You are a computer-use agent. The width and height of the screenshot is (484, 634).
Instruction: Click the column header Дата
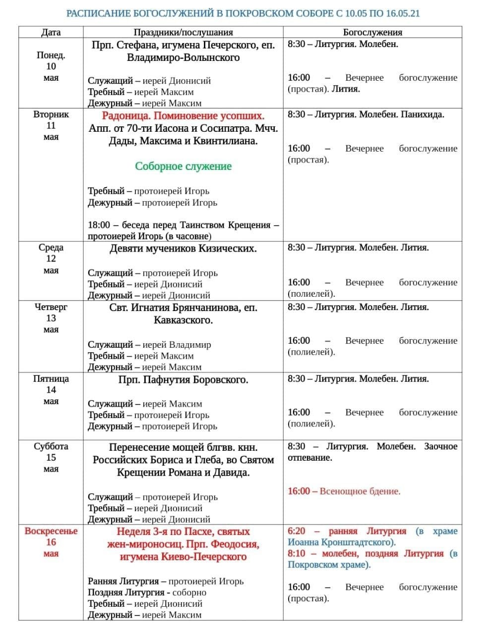pyautogui.click(x=51, y=33)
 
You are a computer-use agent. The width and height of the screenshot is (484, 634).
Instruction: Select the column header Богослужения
pyautogui.click(x=372, y=33)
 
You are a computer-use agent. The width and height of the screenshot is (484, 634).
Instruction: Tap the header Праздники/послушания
pyautogui.click(x=183, y=33)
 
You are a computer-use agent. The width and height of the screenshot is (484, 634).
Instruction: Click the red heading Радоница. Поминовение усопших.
pyautogui.click(x=183, y=116)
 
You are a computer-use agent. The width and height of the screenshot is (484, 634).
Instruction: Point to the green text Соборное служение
pyautogui.click(x=183, y=166)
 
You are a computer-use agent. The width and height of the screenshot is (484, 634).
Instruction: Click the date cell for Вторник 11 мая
pyautogui.click(x=51, y=125)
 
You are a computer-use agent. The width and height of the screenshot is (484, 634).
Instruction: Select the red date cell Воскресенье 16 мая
pyautogui.click(x=51, y=542)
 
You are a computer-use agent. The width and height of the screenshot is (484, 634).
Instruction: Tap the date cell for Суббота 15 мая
pyautogui.click(x=51, y=457)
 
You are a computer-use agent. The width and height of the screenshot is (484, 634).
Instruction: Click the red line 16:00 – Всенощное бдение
pyautogui.click(x=344, y=491)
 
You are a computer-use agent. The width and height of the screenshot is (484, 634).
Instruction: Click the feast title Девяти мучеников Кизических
pyautogui.click(x=183, y=249)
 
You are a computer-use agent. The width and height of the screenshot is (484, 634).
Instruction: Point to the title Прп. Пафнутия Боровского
pyautogui.click(x=183, y=380)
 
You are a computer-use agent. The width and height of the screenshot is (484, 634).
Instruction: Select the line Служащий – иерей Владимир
pyautogui.click(x=149, y=345)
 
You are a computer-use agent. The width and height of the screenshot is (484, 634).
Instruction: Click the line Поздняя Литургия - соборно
pyautogui.click(x=147, y=592)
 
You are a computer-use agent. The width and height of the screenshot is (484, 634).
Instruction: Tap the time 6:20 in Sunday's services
pyautogui.click(x=297, y=531)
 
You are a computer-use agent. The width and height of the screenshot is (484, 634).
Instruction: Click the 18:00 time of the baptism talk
pyautogui.click(x=99, y=225)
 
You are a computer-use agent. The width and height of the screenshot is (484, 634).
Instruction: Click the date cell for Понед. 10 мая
pyautogui.click(x=51, y=66)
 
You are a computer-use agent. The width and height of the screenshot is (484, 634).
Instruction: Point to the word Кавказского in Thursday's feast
pyautogui.click(x=183, y=320)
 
